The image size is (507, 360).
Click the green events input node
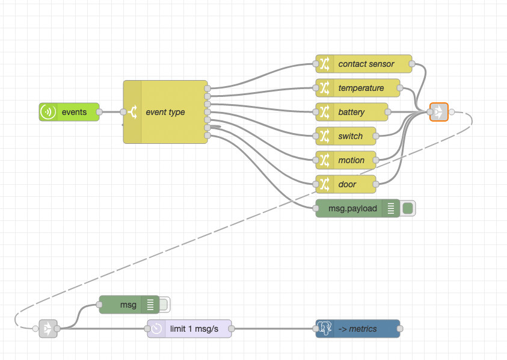coord(69,112)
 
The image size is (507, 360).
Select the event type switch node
coord(165,112)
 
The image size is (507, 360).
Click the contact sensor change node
coord(364,64)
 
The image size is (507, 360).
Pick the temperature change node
coord(358,88)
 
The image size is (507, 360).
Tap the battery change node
coord(352,112)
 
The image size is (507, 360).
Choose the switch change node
coord(346,136)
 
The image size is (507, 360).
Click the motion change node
coord(346,160)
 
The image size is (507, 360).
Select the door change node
coord(346,184)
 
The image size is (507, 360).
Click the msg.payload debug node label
coord(352,208)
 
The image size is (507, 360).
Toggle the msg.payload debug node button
coord(408,208)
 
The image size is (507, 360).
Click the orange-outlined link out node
coord(439,112)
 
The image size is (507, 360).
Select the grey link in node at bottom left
coord(48,329)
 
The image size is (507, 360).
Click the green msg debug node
coord(128,305)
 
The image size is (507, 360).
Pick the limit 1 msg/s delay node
coord(190,329)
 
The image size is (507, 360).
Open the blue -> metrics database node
coord(358,329)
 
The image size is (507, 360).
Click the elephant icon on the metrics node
coord(325,329)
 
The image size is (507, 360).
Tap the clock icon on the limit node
coord(156,329)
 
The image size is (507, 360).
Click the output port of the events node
coord(99,112)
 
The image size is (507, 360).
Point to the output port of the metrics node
coord(400,329)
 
